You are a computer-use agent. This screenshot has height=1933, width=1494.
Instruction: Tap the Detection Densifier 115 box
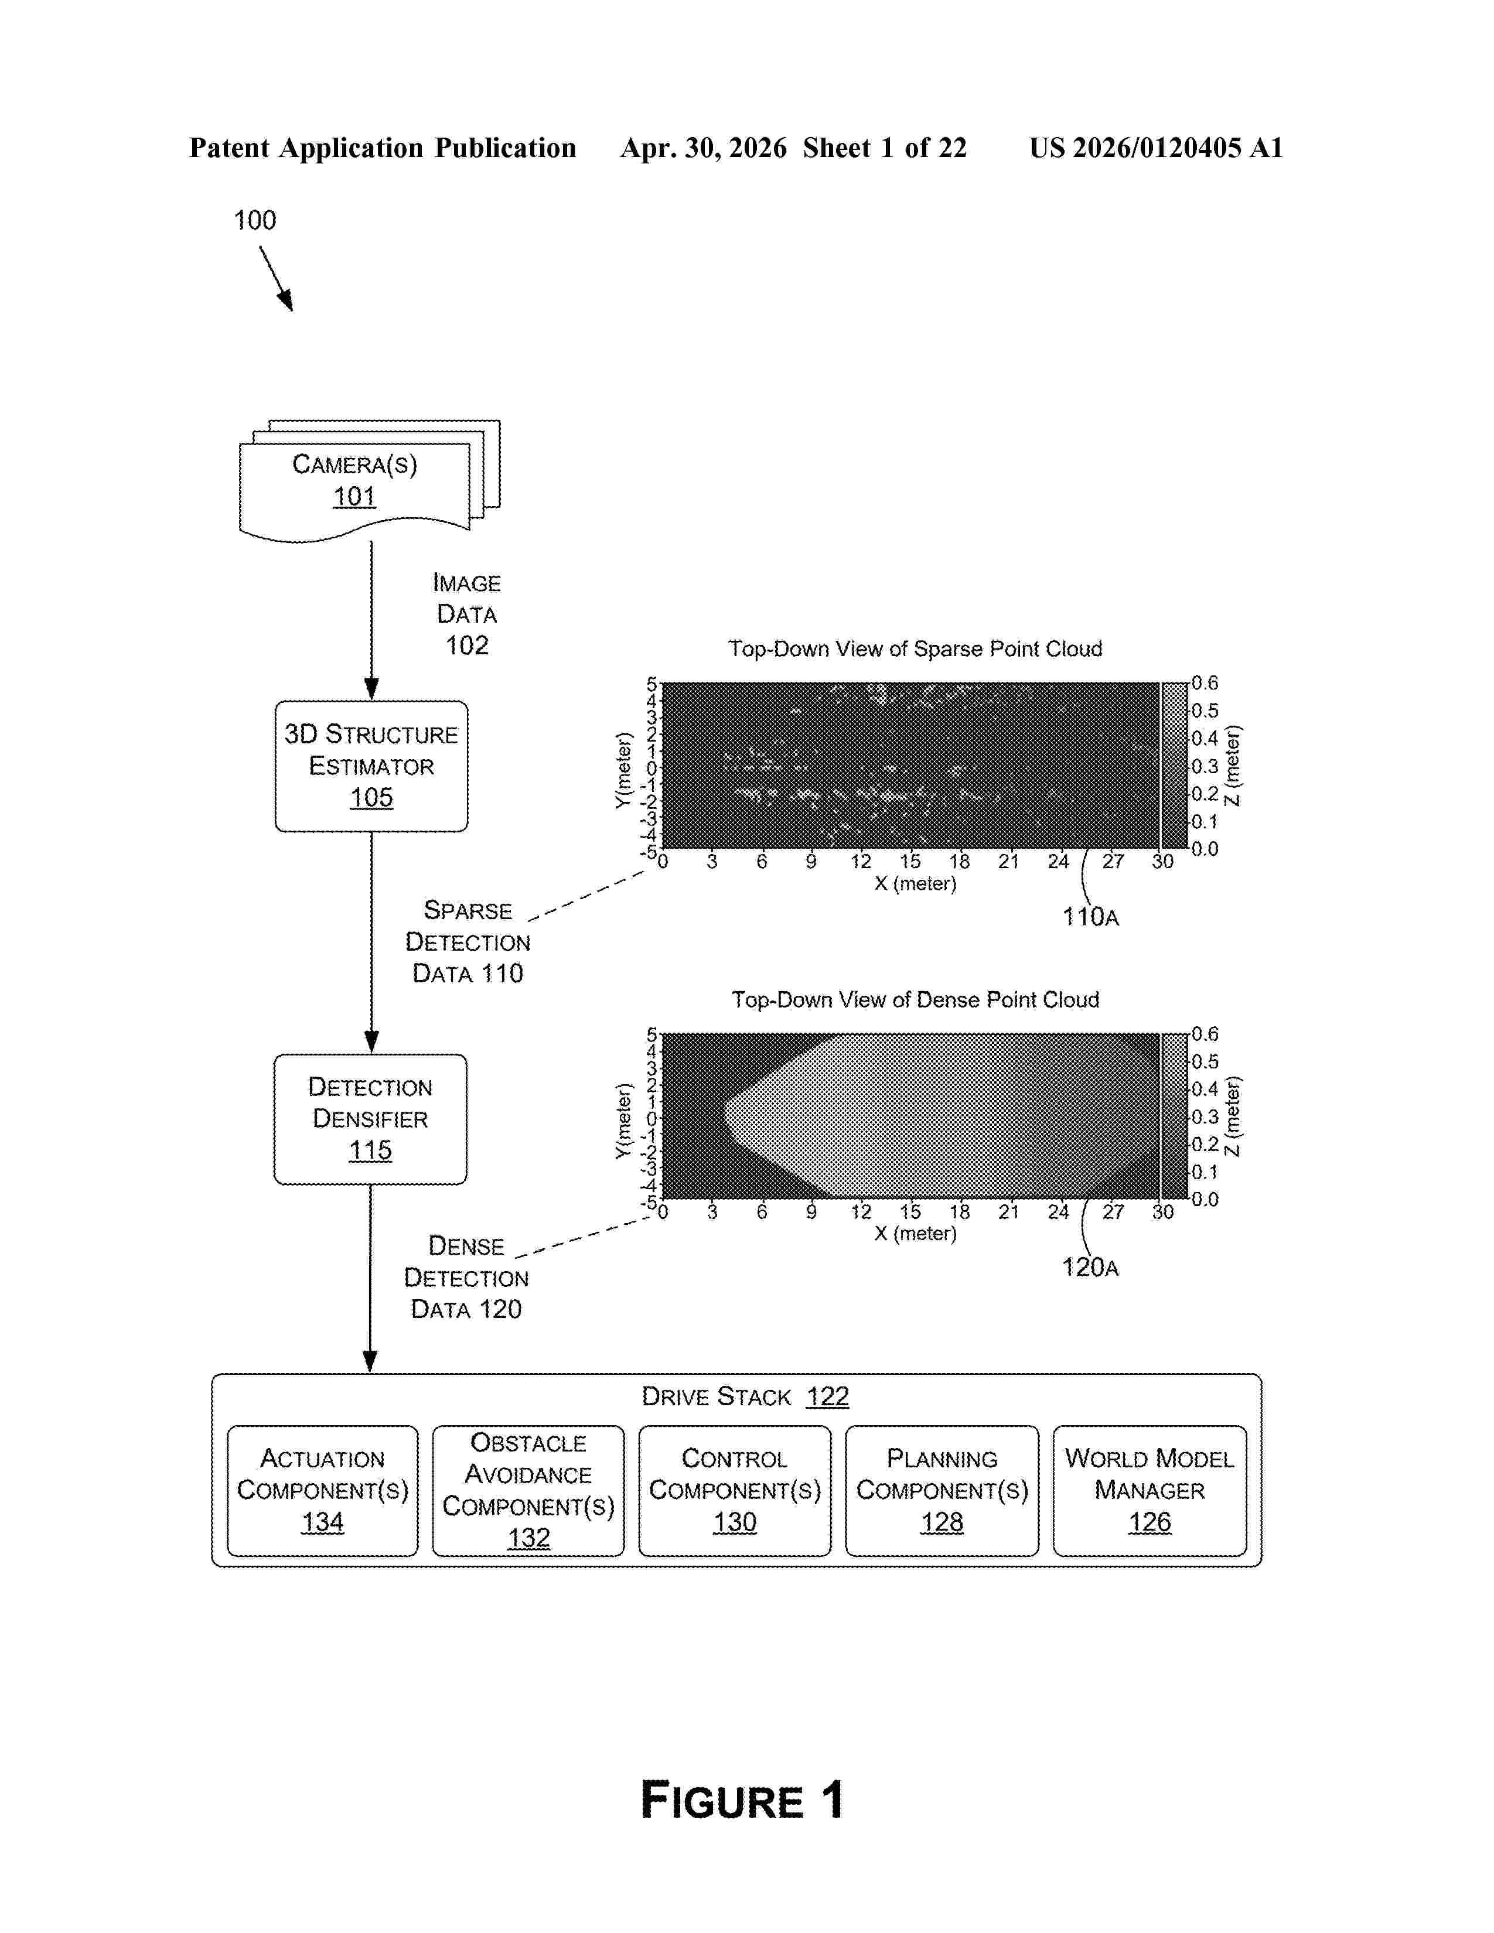click(370, 1119)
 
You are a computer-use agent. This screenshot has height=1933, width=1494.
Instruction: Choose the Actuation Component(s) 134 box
click(322, 1491)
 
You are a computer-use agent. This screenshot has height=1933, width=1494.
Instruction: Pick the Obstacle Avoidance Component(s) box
click(528, 1491)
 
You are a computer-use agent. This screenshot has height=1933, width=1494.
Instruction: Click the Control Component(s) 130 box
click(735, 1491)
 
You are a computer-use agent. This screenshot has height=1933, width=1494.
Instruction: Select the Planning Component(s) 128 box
click(942, 1491)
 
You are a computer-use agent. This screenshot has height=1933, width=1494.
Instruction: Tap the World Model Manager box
click(1150, 1491)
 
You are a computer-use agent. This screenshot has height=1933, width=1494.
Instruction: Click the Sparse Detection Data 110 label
click(468, 942)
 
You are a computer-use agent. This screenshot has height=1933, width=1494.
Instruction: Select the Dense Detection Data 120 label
click(466, 1277)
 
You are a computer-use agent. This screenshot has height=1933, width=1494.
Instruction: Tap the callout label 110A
click(1090, 917)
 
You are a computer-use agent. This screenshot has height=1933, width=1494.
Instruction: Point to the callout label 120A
click(1090, 1268)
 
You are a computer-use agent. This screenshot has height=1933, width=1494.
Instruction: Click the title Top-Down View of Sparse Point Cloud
click(915, 649)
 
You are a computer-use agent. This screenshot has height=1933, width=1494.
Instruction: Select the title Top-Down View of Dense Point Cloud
click(915, 999)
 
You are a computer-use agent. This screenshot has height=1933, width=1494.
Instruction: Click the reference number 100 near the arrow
click(255, 220)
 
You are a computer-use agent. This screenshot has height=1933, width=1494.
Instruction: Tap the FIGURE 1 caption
click(742, 1800)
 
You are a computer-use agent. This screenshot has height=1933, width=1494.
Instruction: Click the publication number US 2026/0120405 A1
click(1156, 148)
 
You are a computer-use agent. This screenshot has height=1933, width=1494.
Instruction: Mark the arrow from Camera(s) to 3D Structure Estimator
click(371, 620)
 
